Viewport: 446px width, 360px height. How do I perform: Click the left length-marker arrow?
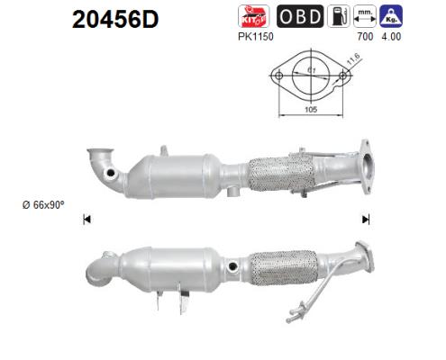click(86, 219)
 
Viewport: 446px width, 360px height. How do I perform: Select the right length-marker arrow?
click(366, 219)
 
